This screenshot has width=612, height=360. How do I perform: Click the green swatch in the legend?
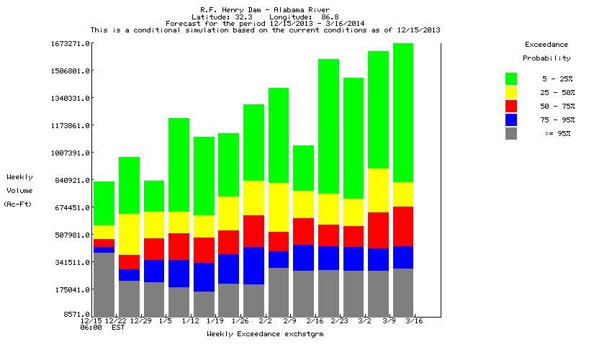pyautogui.click(x=511, y=78)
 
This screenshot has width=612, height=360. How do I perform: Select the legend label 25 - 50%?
pyautogui.click(x=558, y=92)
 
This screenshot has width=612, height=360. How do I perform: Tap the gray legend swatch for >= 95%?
pyautogui.click(x=511, y=133)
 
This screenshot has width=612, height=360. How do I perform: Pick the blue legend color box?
pyautogui.click(x=511, y=120)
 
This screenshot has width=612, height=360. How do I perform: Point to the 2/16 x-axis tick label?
pyautogui.click(x=315, y=320)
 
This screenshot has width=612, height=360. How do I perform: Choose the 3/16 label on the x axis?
pyautogui.click(x=414, y=320)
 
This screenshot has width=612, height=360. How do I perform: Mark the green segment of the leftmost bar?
pyautogui.click(x=104, y=203)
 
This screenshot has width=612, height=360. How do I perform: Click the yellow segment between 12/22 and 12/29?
pyautogui.click(x=129, y=234)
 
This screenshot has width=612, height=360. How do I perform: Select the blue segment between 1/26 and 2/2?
pyautogui.click(x=253, y=266)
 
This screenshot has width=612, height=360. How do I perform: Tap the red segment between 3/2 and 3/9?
pyautogui.click(x=378, y=230)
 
